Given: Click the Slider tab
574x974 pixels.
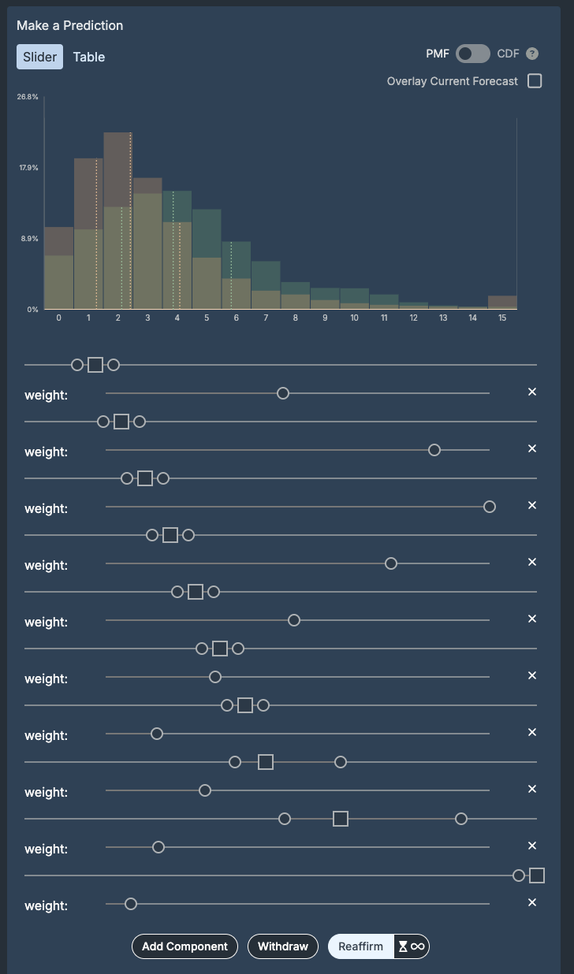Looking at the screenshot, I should tap(39, 57).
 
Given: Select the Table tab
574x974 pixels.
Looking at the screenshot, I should tap(89, 57).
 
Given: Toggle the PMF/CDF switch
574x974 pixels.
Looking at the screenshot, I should tap(472, 54).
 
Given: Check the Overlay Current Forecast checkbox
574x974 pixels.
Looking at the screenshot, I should tap(535, 81).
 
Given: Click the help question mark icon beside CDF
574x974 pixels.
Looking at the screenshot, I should tap(532, 54).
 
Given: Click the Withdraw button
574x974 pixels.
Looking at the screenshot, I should tap(283, 946).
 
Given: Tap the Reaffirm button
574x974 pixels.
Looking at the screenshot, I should tap(360, 946).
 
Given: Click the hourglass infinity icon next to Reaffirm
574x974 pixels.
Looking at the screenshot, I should tap(412, 946).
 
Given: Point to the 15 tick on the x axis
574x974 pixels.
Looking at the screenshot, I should tap(502, 318).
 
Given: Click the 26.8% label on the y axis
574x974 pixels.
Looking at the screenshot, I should tap(28, 97).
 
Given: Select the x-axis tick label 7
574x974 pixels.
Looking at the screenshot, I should tap(266, 318).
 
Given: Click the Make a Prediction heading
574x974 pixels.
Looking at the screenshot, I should tap(70, 25).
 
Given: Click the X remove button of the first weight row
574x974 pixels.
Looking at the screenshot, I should tap(532, 392).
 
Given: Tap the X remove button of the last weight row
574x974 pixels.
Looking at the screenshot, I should tap(532, 902).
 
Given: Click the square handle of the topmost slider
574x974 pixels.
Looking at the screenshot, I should tap(95, 365).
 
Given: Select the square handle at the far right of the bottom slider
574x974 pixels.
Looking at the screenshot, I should tap(537, 875).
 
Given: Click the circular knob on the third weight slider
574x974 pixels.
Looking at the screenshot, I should tap(490, 507).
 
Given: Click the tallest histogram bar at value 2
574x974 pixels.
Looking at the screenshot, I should tap(117, 221).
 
